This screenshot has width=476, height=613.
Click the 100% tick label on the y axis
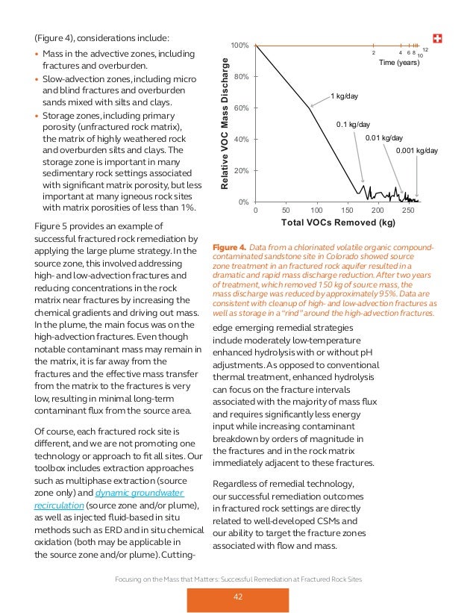239,46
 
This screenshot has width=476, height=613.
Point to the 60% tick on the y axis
241,108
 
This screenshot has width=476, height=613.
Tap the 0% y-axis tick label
243,202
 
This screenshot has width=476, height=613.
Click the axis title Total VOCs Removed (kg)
338,223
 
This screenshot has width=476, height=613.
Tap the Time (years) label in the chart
398,64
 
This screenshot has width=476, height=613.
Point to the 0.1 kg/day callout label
353,125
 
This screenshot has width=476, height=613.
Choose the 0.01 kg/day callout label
383,138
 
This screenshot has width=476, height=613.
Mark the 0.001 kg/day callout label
417,151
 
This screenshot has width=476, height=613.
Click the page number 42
238,595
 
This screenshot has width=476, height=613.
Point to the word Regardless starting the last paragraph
239,482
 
